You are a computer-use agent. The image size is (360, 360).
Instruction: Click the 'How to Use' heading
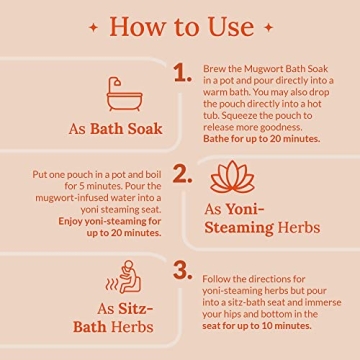click(x=179, y=24)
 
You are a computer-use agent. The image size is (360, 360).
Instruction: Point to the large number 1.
click(x=181, y=70)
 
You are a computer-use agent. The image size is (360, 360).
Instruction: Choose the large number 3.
click(x=181, y=271)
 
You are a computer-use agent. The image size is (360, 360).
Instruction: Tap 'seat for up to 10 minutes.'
click(x=256, y=325)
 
